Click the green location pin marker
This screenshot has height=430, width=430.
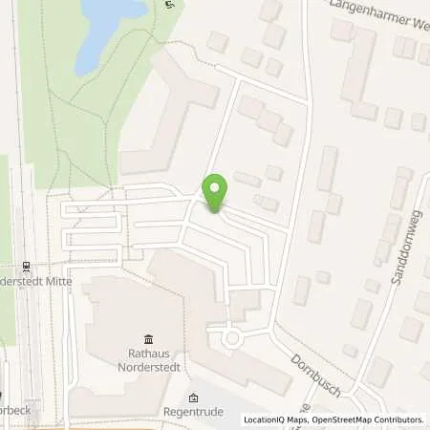(x=215, y=192)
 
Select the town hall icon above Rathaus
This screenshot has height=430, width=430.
(x=149, y=339)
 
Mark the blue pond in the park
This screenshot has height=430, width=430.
(x=106, y=33)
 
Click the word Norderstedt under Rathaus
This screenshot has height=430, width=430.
(x=149, y=367)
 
